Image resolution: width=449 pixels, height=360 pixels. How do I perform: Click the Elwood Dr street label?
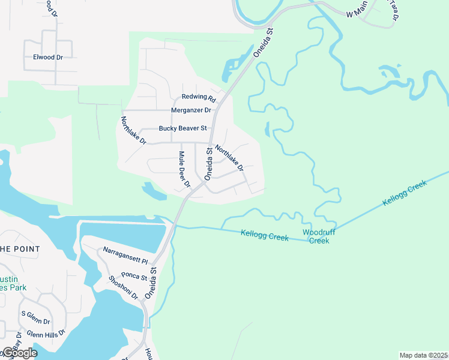tap(48, 57)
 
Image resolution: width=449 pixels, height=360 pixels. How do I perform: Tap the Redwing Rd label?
tap(199, 97)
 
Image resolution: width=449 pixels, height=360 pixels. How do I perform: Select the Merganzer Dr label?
tap(191, 110)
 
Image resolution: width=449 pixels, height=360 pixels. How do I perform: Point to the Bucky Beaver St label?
tap(182, 128)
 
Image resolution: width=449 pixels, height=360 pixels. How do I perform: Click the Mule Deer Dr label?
tap(184, 169)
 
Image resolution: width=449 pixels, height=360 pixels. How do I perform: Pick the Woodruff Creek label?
tap(316, 236)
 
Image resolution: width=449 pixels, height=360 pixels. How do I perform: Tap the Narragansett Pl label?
tap(125, 255)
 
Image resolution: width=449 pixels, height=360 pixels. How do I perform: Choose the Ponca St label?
tap(134, 275)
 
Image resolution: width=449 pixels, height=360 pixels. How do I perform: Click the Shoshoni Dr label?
tap(123, 288)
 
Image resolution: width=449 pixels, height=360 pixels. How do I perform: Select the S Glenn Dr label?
tap(35, 313)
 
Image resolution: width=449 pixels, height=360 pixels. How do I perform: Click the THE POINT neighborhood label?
tap(20, 249)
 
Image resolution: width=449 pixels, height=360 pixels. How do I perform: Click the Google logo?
tap(19, 353)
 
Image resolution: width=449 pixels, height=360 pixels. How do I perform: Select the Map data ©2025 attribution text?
tap(423, 355)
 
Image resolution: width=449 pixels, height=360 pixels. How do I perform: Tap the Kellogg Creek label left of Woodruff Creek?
tap(265, 235)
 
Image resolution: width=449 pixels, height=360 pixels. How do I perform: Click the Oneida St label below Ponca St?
tap(155, 280)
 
